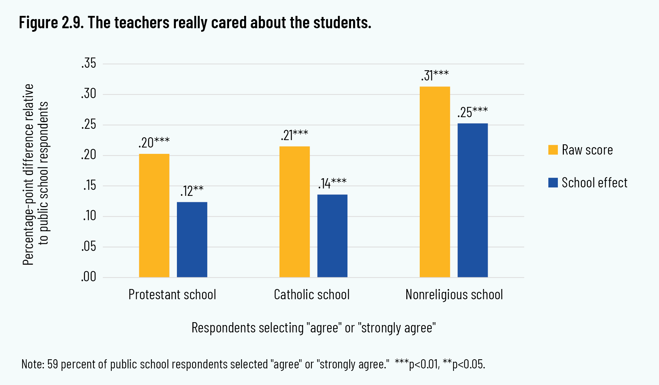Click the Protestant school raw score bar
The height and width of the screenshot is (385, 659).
click(154, 215)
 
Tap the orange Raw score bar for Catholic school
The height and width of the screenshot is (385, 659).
click(295, 212)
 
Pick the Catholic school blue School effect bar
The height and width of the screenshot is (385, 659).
click(332, 236)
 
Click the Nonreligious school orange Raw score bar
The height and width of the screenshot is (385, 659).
click(435, 182)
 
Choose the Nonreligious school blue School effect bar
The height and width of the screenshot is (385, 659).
click(473, 200)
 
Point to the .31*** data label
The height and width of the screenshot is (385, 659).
click(435, 76)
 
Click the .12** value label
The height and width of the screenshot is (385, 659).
click(192, 191)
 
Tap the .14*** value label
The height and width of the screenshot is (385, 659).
click(332, 184)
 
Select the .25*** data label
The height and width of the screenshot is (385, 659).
click(473, 112)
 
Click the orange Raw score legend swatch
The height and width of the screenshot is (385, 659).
click(553, 150)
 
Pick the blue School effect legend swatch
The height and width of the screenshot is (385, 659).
click(553, 183)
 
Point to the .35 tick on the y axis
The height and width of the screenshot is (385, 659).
click(89, 64)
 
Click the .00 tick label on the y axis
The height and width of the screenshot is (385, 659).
click(89, 277)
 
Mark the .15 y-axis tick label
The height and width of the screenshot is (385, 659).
click(90, 186)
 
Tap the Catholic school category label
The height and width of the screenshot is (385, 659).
click(312, 295)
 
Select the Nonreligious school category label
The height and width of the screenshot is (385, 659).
click(454, 295)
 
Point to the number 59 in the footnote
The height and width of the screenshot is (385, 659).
click(52, 364)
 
